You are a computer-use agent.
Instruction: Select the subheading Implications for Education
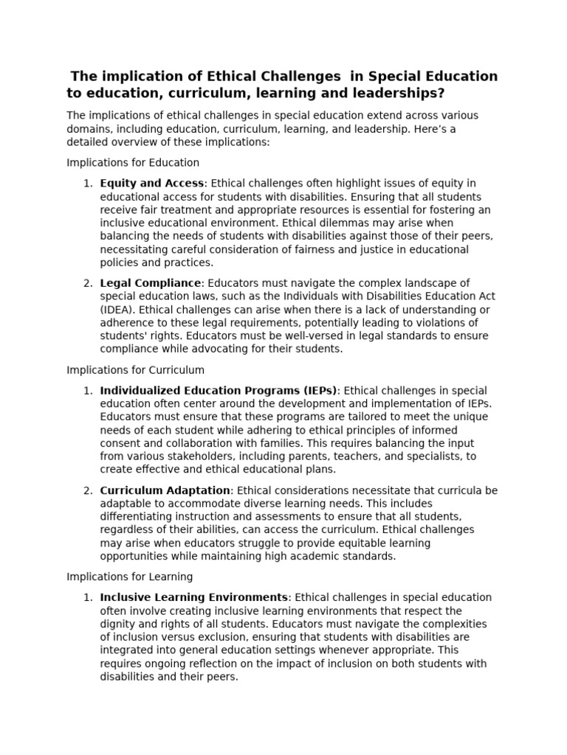[x=133, y=162]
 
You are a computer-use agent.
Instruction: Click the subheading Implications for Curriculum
[x=136, y=369]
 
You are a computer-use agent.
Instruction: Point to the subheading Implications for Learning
[x=130, y=577]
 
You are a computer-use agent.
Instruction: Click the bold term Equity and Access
[x=151, y=183]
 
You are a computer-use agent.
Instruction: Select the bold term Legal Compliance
[x=150, y=283]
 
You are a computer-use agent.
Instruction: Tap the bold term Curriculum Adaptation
[x=165, y=490]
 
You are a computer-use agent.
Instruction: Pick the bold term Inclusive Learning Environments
[x=193, y=597]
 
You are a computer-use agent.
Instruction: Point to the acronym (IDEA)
[x=117, y=310]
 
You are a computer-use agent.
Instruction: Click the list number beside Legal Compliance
[x=87, y=283]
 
